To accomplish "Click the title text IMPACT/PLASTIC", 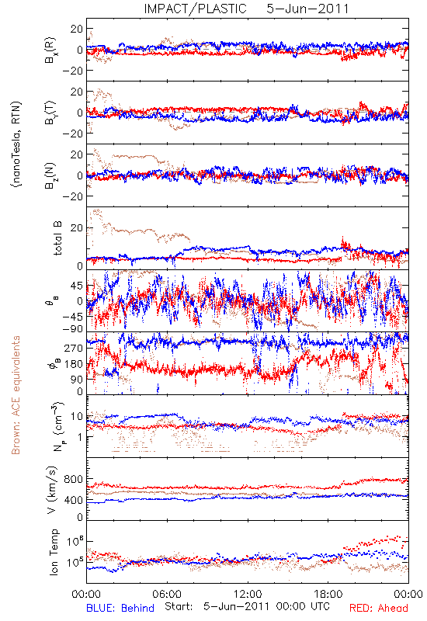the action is pos(196,9).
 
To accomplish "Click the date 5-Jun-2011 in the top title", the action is pos(307,9).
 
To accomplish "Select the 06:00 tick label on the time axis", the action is pos(167,594).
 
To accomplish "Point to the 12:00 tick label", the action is pos(248,594).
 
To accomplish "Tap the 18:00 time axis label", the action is pos(328,594).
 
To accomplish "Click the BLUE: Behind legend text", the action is pos(120,608).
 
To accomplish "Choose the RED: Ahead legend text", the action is pos(378,608).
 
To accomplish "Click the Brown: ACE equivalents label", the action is pos(16,395).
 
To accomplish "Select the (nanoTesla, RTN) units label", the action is pos(16,144).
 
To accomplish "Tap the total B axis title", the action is pos(57,238).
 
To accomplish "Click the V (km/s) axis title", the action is pos(52,490).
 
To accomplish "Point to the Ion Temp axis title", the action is pos(54,552).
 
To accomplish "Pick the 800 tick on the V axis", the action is pos(74,479).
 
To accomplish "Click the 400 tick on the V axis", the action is pos(74,500).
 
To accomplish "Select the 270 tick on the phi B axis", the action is pos(74,348).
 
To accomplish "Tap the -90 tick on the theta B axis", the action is pos(72,329).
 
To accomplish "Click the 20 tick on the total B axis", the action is pos(77,228).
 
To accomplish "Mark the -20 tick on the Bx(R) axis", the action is pos(72,71).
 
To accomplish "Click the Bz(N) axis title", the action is pos(51,175).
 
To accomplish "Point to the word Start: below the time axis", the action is pos(179,607).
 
